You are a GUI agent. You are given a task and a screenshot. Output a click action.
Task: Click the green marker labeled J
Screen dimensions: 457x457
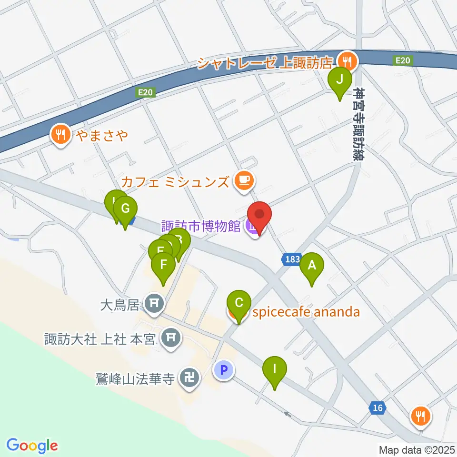(339, 79)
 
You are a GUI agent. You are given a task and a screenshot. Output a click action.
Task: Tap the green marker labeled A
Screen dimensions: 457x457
(312, 265)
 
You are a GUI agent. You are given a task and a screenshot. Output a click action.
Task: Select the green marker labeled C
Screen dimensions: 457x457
(239, 303)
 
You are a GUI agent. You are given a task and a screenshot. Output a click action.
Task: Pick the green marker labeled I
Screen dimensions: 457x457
(274, 369)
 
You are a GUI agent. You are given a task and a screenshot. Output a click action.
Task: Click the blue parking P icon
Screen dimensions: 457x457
(223, 369)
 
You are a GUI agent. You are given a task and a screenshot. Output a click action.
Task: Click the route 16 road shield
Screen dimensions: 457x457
(378, 407)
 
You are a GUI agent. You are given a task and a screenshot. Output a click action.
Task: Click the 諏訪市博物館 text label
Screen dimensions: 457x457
(200, 225)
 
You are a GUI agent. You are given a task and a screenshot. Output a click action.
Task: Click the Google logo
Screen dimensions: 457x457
(32, 445)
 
